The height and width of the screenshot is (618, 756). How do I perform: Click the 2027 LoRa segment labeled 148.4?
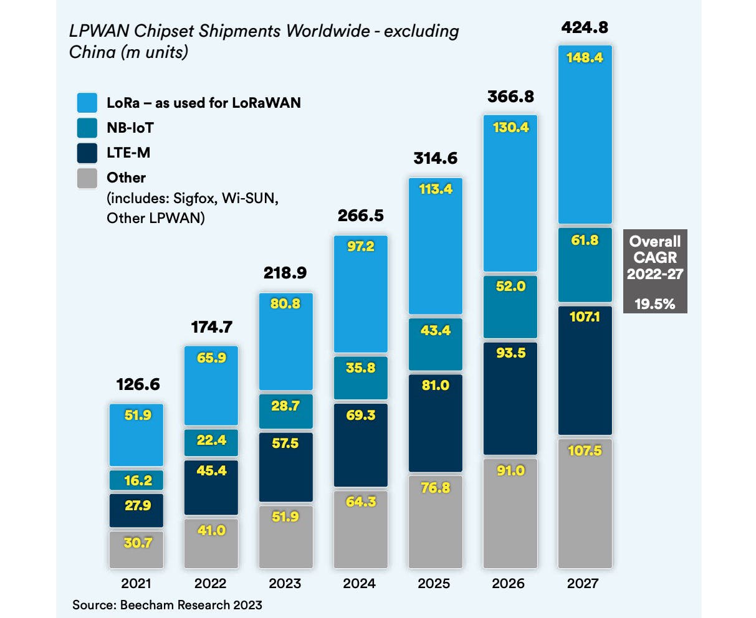585,134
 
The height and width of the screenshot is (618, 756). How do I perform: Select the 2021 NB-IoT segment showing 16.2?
136,480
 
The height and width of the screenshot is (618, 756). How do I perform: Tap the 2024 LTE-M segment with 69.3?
360,445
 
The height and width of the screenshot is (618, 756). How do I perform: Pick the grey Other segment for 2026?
510,513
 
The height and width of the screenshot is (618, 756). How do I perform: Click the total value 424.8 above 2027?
585,27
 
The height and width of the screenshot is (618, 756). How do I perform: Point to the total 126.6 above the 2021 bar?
138,384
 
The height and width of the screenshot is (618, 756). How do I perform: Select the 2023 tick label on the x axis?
285,584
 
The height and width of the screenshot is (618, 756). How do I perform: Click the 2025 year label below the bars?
434,584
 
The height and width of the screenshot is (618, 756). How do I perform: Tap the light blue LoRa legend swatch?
87,103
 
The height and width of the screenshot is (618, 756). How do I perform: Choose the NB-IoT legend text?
130,128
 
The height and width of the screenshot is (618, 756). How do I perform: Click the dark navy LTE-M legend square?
87,153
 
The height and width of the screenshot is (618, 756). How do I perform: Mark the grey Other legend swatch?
87,178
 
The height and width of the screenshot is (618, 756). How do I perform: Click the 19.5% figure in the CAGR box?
654,303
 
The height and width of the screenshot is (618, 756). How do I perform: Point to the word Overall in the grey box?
655,241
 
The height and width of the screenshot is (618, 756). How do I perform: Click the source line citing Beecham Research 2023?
167,604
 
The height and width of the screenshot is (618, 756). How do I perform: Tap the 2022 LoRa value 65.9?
211,358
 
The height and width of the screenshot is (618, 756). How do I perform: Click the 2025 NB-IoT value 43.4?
435,330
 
